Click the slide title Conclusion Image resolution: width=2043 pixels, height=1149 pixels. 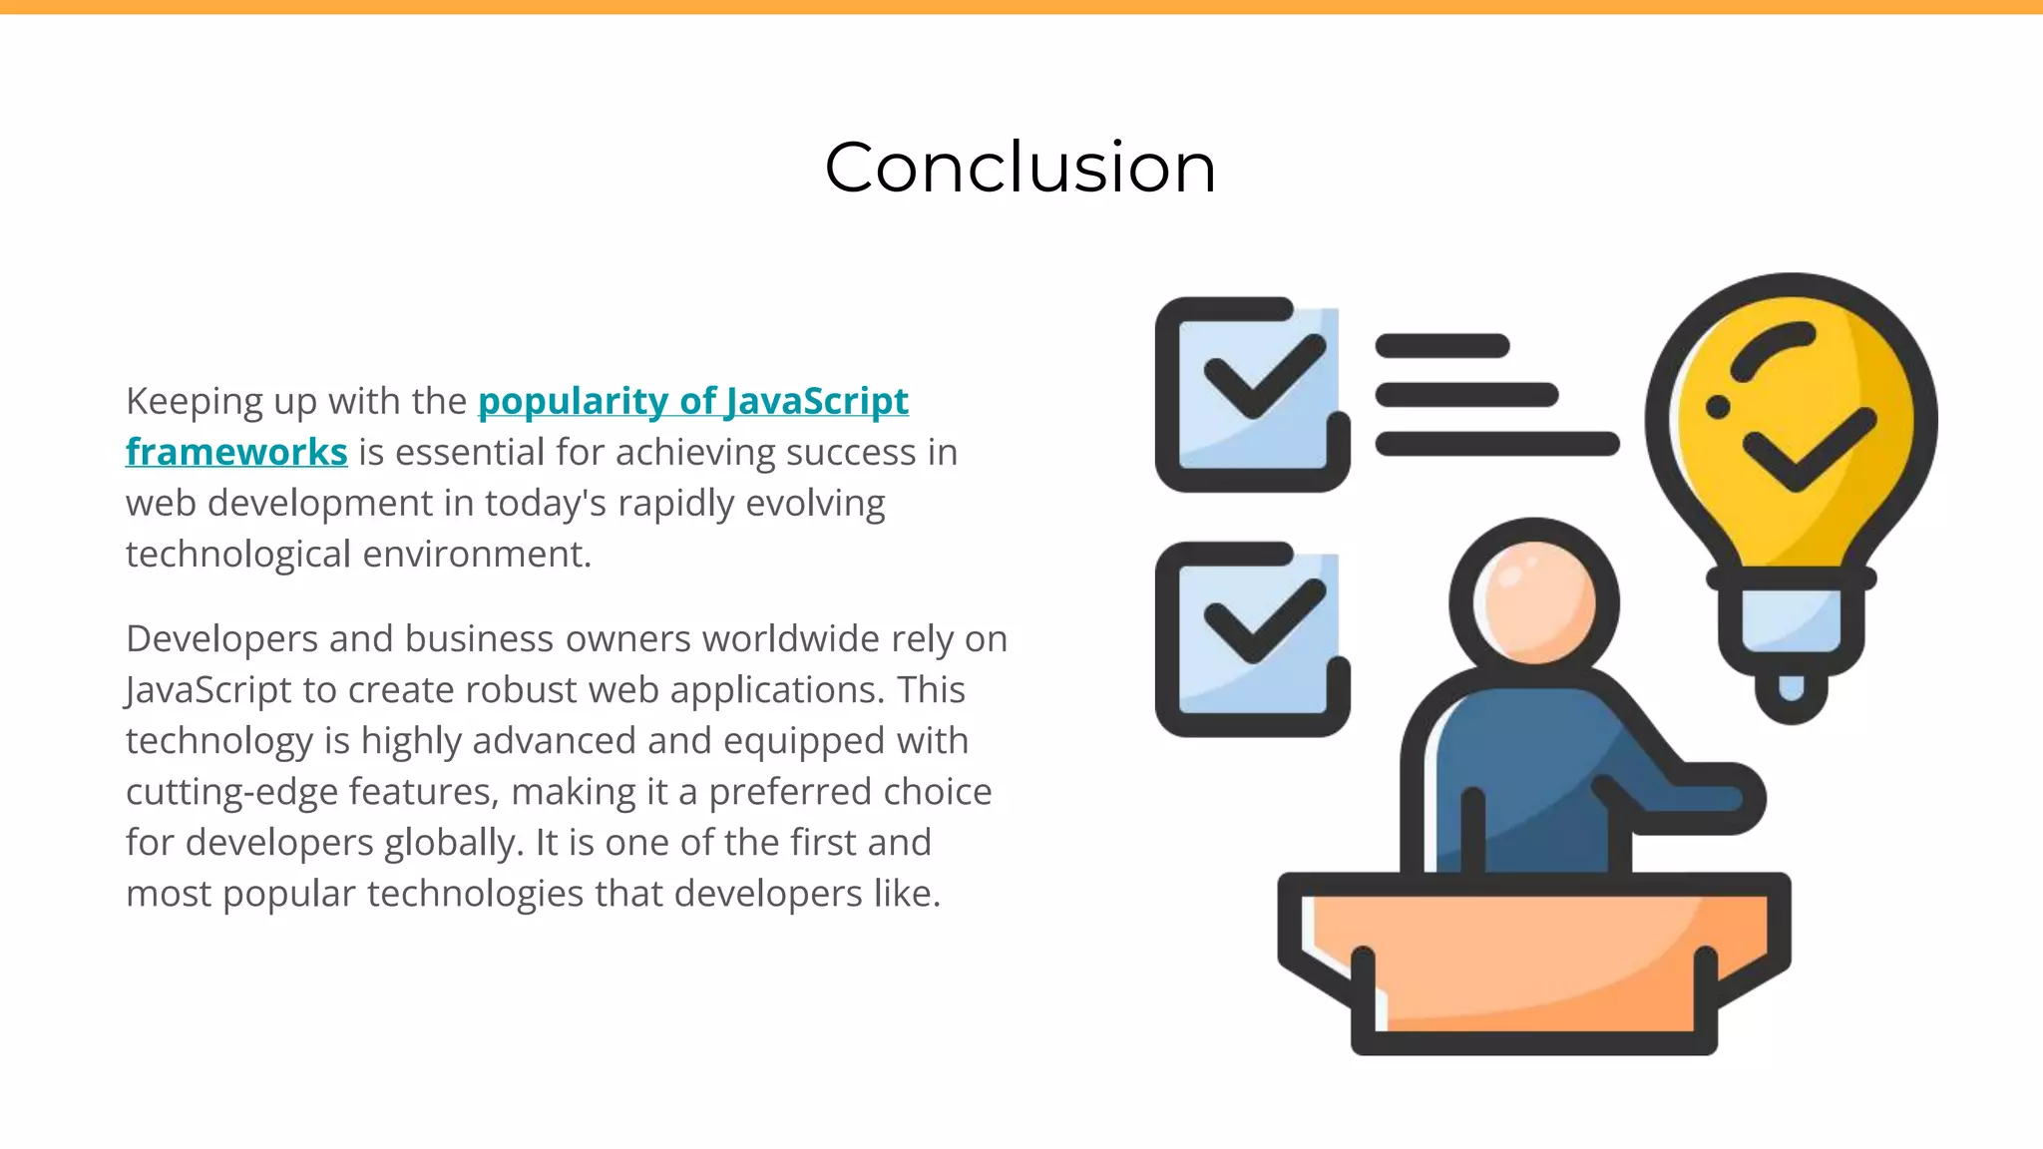1020,167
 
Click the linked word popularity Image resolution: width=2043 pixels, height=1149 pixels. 573,401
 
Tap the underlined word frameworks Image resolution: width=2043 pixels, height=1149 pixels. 236,452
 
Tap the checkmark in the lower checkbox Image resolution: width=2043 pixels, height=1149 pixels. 1263,621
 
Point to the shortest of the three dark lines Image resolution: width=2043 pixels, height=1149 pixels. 1441,346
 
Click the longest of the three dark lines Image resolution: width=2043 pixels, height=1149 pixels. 1496,444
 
